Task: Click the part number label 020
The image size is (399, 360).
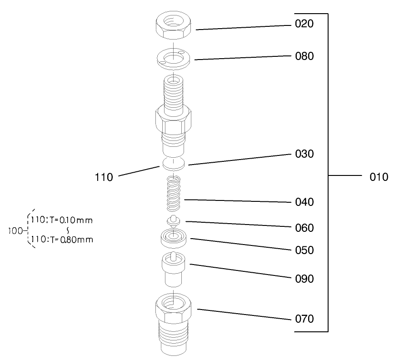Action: pyautogui.click(x=304, y=24)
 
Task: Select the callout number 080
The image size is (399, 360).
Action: pyautogui.click(x=304, y=57)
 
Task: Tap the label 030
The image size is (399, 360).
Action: pyautogui.click(x=304, y=154)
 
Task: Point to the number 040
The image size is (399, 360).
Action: pyautogui.click(x=304, y=202)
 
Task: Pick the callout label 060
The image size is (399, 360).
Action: pyautogui.click(x=304, y=228)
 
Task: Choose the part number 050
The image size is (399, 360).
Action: pyautogui.click(x=304, y=250)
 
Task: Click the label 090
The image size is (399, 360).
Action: pyautogui.click(x=304, y=279)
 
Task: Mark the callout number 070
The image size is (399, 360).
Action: pyautogui.click(x=304, y=319)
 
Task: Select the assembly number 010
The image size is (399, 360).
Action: pyautogui.click(x=379, y=177)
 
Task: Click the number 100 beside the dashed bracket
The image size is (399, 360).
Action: pyautogui.click(x=16, y=230)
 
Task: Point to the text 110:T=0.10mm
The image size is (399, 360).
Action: pyautogui.click(x=62, y=221)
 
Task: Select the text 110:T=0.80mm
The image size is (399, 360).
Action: pyautogui.click(x=62, y=240)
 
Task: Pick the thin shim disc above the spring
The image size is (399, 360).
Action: pyautogui.click(x=174, y=163)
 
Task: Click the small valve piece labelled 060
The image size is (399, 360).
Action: pyautogui.click(x=173, y=221)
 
